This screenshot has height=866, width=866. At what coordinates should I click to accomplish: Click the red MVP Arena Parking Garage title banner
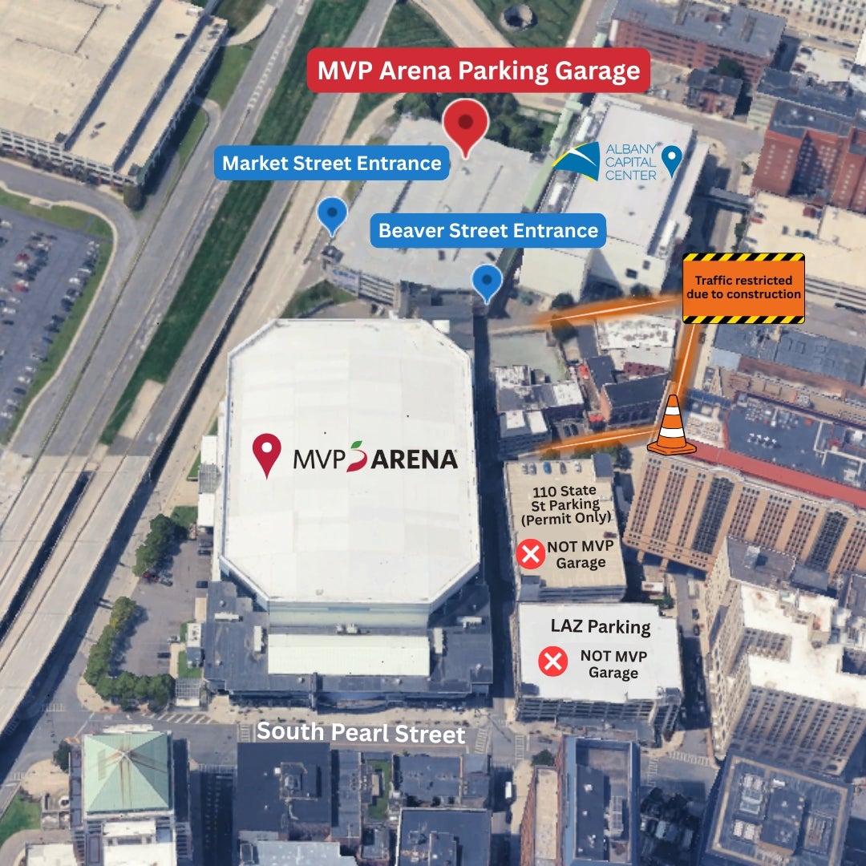478,71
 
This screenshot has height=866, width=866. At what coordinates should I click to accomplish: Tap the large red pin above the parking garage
466,125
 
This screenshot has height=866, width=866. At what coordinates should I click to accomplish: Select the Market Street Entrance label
331,164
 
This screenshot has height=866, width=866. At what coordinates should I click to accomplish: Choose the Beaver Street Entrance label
488,231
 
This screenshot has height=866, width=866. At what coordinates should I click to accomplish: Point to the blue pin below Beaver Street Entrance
487,281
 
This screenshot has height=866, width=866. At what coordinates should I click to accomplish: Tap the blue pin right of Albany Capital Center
671,160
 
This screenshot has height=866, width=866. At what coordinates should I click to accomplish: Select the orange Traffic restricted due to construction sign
743,288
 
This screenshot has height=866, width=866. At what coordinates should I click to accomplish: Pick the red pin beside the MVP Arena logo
267,454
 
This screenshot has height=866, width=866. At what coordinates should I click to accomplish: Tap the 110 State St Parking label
565,504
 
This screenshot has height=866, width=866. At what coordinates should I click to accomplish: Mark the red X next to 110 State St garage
530,554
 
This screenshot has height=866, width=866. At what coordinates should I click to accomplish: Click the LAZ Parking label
600,626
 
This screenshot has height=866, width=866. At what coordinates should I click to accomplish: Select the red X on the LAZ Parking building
552,662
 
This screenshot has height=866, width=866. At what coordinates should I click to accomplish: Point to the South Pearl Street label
361,732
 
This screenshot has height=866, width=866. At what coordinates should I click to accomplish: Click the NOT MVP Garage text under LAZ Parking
613,664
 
